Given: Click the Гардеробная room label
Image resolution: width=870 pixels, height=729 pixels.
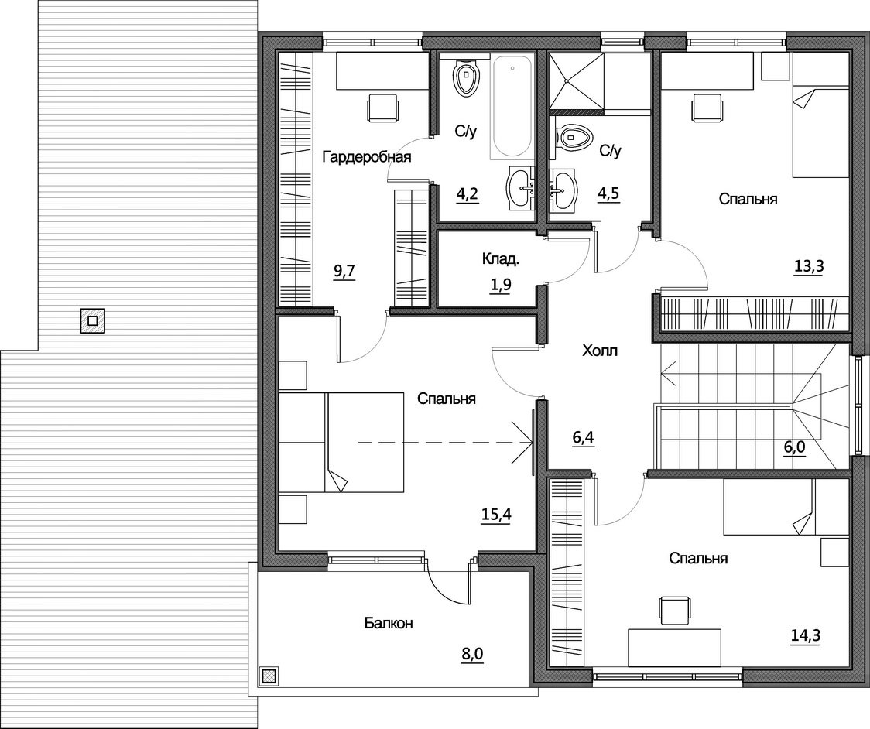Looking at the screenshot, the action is (367, 157).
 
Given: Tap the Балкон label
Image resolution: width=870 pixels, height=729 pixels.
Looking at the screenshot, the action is (389, 623).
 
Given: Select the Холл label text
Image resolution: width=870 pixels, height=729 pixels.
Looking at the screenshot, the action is (600, 351).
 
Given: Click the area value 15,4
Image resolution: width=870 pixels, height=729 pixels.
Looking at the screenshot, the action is (495, 515).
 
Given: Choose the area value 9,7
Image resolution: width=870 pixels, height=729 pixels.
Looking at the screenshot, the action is (344, 272).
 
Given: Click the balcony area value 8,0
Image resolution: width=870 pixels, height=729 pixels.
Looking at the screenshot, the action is (472, 655).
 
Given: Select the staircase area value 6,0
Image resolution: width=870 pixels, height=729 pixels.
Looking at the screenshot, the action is (795, 447).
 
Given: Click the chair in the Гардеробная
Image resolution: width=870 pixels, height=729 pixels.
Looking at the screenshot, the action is (383, 107).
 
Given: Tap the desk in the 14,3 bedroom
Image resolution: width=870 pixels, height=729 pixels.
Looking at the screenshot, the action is (674, 648).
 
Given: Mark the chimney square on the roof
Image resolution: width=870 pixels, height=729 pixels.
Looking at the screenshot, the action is (93, 320).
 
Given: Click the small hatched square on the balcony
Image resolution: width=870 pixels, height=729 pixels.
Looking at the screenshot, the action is (269, 675).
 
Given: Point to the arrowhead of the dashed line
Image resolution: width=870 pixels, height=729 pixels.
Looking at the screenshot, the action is (531, 443).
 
